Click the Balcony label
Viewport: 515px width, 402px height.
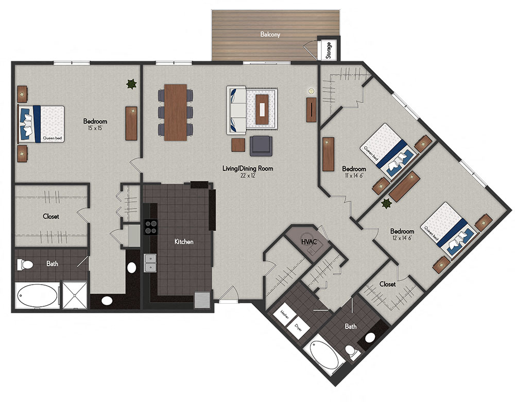[x=270, y=35]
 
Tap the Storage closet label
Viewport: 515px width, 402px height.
[x=329, y=50]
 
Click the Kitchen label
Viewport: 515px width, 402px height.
[x=183, y=241]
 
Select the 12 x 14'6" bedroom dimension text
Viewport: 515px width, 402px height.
[x=402, y=238]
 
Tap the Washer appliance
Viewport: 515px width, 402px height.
[x=284, y=315]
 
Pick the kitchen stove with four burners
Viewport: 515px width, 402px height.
[x=150, y=228]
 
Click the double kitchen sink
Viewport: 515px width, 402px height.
[x=150, y=264]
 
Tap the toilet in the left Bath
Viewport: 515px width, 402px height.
[x=25, y=265]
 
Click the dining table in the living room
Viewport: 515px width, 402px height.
[x=176, y=112]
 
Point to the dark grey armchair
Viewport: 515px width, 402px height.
[x=261, y=146]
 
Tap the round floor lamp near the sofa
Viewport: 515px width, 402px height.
[x=311, y=92]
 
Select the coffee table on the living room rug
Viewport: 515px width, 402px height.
[x=264, y=109]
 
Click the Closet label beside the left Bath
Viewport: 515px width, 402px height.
[x=51, y=217]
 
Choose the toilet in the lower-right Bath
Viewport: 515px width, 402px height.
[x=353, y=353]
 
